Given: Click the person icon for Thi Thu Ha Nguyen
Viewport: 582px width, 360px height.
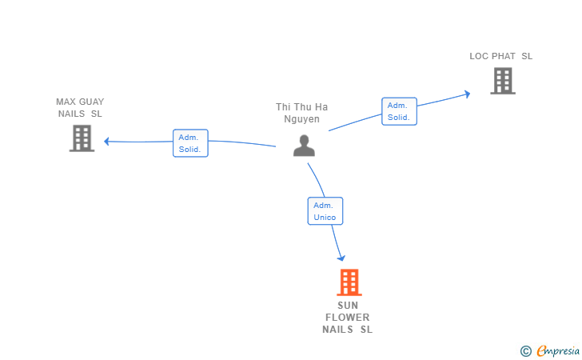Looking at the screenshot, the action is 304,146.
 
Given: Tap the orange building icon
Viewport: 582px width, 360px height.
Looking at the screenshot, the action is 349,282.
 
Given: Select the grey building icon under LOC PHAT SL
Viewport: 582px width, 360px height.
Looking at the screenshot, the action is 503,81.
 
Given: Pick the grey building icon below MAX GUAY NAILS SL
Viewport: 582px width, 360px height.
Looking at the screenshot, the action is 82,138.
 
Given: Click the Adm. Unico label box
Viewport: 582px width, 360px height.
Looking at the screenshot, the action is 325,211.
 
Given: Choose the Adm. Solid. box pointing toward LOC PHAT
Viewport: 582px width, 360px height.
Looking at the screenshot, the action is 400,111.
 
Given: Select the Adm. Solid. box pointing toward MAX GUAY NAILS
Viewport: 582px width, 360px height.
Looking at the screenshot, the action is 190,143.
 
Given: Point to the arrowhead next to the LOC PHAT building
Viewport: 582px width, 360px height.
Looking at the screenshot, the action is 468,94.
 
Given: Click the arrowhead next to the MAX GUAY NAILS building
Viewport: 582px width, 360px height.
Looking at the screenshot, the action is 106,141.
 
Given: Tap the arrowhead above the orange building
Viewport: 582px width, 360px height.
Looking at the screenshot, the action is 341,258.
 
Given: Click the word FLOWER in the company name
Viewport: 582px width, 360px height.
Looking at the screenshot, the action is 348,318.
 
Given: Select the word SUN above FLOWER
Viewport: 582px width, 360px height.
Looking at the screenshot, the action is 348,306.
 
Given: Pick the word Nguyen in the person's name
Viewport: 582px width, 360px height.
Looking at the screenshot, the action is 301,119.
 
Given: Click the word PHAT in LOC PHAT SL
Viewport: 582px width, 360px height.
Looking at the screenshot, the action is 504,56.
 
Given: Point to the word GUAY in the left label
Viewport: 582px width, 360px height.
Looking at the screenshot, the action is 92,102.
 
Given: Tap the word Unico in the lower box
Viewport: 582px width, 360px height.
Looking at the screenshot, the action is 325,218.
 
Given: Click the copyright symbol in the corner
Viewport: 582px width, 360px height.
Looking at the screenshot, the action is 526,350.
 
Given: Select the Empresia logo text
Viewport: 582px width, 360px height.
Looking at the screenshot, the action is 558,350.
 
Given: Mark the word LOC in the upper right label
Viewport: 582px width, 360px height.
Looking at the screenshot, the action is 479,56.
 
